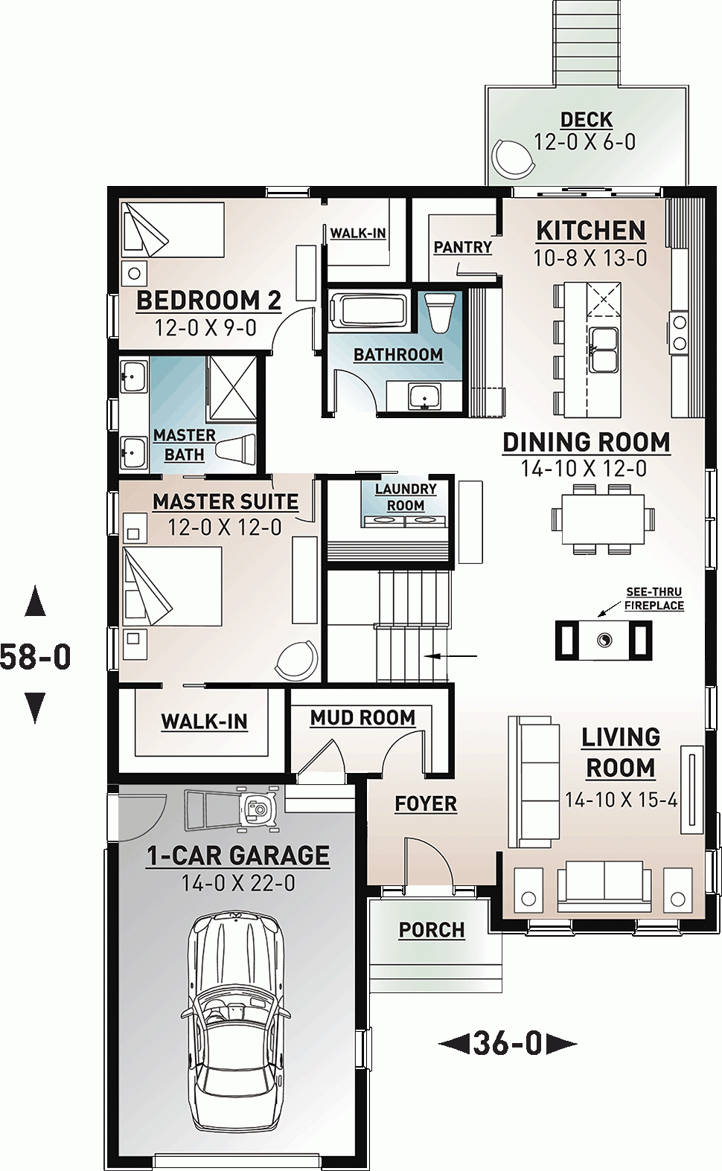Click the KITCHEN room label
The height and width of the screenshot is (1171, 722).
pos(591,231)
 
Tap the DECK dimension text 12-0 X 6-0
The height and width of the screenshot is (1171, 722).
pos(585,142)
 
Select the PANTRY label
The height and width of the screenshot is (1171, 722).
pos(462,247)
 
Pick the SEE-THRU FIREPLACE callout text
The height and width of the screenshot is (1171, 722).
pos(654,599)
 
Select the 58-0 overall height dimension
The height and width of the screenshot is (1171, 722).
pos(36,657)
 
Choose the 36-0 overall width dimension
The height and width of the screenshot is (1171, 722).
pos(508,1044)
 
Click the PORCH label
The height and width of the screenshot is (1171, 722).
pos(431,930)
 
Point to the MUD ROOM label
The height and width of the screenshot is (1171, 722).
pos(362,718)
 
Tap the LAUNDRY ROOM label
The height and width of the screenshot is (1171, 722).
pos(405,497)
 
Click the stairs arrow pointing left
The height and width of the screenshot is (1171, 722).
pos(451,656)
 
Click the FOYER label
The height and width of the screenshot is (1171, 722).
pos(426,804)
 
